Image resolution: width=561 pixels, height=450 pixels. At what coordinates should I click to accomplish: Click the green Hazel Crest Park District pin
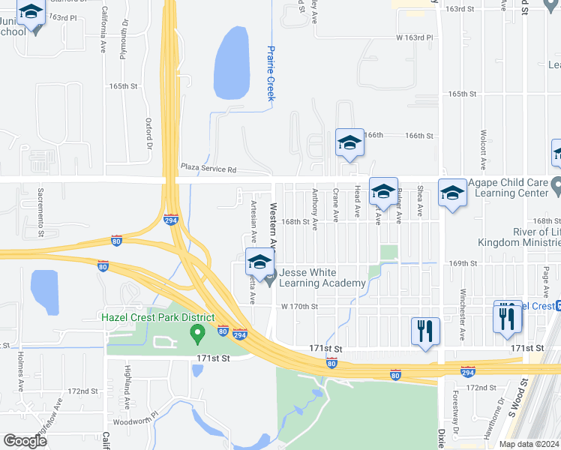pyautogui.click(x=198, y=332)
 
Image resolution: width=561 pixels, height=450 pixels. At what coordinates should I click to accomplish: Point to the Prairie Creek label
pyautogui.click(x=271, y=73)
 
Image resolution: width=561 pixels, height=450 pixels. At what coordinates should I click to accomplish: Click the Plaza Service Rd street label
pyautogui.click(x=208, y=169)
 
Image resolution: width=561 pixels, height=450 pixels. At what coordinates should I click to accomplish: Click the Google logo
pyautogui.click(x=25, y=440)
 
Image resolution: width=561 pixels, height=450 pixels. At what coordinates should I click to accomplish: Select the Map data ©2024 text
pyautogui.click(x=529, y=444)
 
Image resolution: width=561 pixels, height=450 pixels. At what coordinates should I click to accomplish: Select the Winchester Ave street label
pyautogui.click(x=463, y=320)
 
